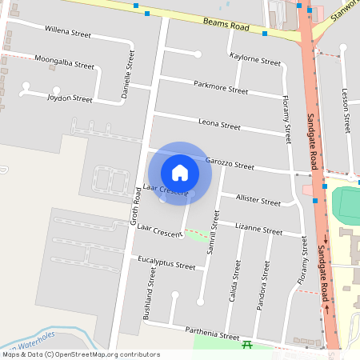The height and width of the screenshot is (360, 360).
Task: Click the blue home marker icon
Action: (180, 172)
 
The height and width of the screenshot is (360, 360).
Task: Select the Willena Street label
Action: (69, 32)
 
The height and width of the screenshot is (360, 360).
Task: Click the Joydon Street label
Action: (70, 98)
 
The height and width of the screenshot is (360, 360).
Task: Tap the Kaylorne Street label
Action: (255, 59)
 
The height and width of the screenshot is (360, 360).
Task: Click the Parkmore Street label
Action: (221, 87)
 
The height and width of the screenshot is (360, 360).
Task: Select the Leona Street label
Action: (219, 125)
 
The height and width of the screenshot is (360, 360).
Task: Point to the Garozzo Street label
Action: (229, 163)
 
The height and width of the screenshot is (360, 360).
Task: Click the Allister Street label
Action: (257, 199)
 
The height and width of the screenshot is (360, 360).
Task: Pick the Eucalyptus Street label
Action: (166, 263)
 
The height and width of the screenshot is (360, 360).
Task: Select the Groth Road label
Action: (137, 206)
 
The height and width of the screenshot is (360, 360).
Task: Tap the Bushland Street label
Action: (148, 294)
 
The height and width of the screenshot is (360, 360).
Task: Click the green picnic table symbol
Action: (248, 344)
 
